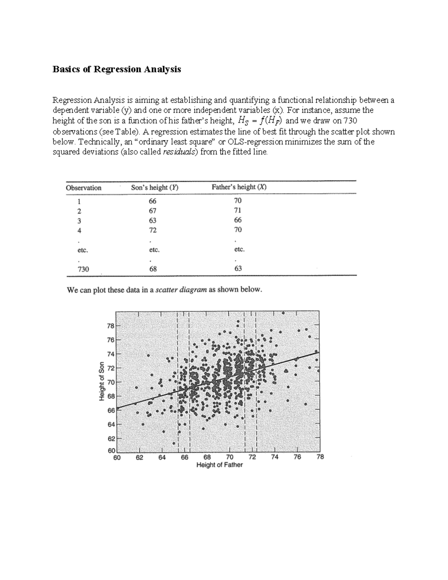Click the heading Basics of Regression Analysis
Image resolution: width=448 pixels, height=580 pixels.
coord(116,69)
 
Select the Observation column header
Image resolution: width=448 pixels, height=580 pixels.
coord(84,188)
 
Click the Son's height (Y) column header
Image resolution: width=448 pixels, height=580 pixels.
coord(155,188)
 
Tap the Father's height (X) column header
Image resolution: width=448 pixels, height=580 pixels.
coord(239,187)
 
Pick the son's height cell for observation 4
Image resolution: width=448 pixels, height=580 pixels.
coord(152,230)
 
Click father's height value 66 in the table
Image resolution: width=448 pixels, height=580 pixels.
coord(238,220)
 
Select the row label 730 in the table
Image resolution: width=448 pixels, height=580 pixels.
coord(83,269)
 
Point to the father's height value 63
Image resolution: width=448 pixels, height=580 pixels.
coord(238,268)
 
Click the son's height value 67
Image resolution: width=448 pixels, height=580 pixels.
coord(152,211)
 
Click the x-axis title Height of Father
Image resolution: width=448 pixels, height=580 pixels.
coord(220,465)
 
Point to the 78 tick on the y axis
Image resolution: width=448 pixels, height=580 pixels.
coord(111,326)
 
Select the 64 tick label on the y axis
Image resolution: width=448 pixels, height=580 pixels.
coord(111,424)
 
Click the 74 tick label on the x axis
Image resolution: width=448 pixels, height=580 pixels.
coord(274,457)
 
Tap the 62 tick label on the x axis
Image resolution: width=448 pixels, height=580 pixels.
coord(139,457)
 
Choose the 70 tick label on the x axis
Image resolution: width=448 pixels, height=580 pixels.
coord(229,457)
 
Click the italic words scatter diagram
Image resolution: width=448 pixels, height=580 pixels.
coord(181,290)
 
